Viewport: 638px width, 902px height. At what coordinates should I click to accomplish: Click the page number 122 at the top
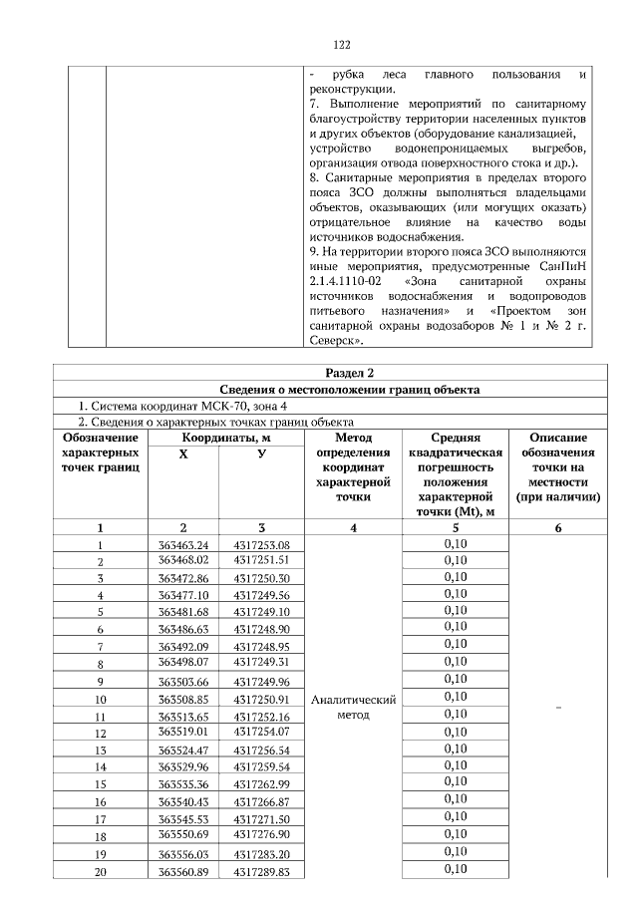(x=338, y=45)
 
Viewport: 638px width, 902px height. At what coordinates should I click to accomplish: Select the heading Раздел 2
(x=338, y=373)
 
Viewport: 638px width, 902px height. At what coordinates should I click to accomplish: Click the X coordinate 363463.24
(x=182, y=545)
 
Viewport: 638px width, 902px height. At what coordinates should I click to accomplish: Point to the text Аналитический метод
(x=354, y=708)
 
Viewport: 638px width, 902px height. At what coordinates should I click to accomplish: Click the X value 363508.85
(x=182, y=699)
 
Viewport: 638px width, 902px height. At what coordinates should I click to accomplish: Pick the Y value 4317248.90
(x=261, y=630)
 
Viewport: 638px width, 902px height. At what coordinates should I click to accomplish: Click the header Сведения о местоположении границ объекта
(x=338, y=390)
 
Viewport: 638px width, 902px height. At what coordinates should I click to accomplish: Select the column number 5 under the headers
(x=455, y=527)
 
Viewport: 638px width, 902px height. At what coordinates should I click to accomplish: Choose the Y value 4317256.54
(x=261, y=750)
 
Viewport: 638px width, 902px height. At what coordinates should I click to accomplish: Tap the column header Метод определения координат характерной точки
(x=354, y=466)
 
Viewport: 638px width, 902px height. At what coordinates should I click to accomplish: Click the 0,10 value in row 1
(x=455, y=544)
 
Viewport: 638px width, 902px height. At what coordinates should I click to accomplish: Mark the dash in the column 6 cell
(x=557, y=708)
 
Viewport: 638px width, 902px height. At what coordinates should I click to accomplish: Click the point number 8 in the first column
(x=100, y=664)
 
